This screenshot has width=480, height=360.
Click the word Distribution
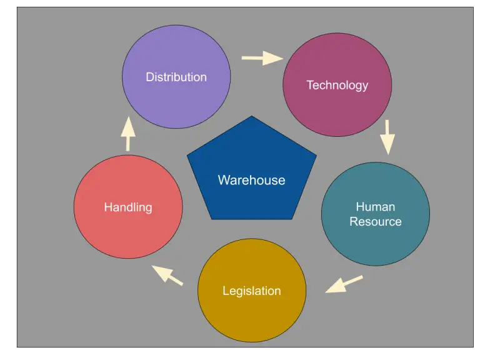click(176, 77)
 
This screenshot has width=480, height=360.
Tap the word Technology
click(337, 85)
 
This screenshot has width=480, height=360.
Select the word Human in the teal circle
click(375, 206)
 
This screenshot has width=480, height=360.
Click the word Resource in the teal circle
click(375, 221)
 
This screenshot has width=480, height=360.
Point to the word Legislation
click(252, 291)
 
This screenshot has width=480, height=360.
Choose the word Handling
click(128, 207)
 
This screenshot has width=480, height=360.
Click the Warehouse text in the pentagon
click(251, 180)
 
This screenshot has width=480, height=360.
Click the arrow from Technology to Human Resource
click(388, 137)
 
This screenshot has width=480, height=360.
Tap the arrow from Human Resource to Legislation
click(344, 284)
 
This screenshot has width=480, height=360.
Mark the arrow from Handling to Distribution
click(128, 134)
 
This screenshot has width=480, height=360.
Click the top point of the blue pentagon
click(251, 117)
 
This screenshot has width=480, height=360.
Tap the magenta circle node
click(337, 112)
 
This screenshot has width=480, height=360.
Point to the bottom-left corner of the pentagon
click(212, 218)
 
